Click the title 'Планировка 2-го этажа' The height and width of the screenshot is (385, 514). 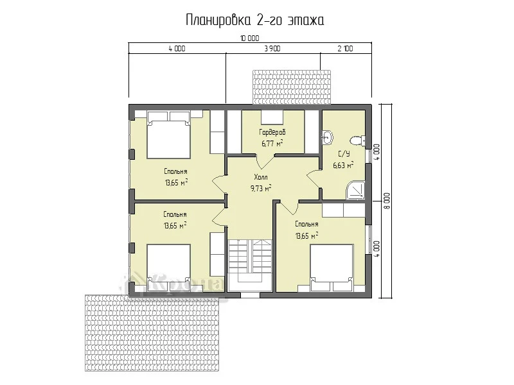[x=255, y=21]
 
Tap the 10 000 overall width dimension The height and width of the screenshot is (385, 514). [x=250, y=38]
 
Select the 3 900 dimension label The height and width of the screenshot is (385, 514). [x=272, y=49]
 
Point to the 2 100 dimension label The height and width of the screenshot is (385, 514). [x=345, y=49]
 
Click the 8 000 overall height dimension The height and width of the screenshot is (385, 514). [x=387, y=201]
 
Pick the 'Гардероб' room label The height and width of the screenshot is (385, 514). [x=272, y=133]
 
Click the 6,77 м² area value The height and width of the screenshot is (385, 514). [x=272, y=143]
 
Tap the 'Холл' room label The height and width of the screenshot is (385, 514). [x=261, y=178]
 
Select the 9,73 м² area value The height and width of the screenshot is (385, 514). [x=261, y=188]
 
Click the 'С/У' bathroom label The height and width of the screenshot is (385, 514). [x=344, y=154]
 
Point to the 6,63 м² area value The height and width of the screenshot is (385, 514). [x=343, y=166]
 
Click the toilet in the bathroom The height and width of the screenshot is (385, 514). [x=357, y=141]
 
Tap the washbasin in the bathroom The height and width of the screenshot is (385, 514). [x=328, y=137]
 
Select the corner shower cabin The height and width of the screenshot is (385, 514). [x=356, y=190]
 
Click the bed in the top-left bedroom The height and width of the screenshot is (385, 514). [x=169, y=135]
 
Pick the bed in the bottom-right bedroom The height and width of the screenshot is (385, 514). [x=332, y=268]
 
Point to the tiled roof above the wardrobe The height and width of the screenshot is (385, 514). [x=292, y=87]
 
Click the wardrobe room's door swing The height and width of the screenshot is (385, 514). [x=265, y=161]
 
